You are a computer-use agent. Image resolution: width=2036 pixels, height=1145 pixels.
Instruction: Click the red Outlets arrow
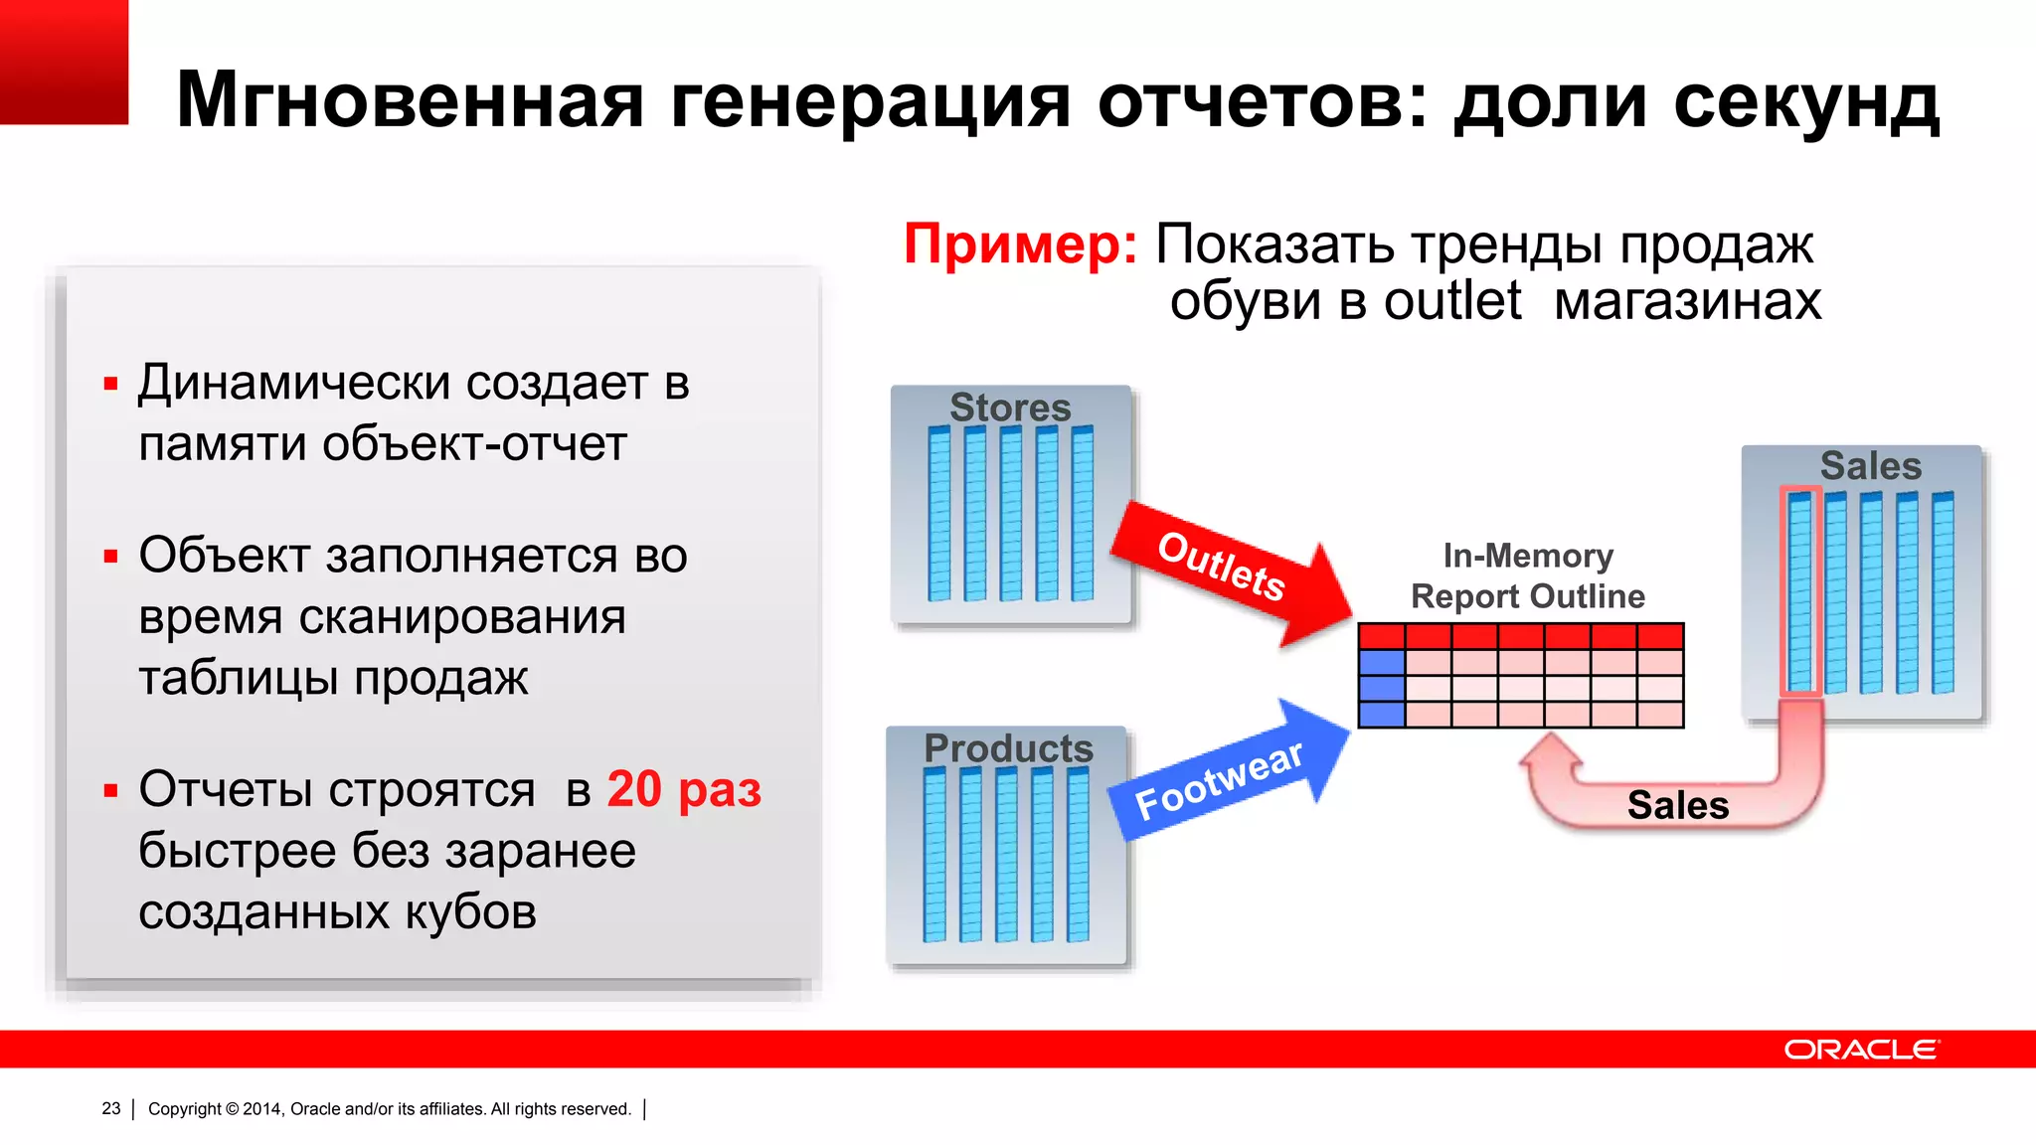tap(1228, 571)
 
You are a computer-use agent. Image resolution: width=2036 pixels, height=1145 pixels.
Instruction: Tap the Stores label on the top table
tap(1010, 408)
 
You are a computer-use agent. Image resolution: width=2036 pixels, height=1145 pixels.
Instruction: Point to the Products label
tap(1008, 748)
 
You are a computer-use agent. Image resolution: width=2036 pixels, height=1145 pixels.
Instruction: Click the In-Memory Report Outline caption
tap(1528, 576)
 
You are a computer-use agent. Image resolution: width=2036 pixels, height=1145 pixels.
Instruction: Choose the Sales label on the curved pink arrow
tap(1678, 805)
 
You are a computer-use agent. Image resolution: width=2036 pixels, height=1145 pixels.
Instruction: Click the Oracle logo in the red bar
tap(1860, 1050)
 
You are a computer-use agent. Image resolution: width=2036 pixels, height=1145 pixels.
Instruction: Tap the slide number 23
tap(111, 1108)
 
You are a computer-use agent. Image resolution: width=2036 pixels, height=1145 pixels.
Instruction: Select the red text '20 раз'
tap(684, 790)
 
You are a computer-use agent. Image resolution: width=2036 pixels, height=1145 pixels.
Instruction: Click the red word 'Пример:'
tap(1020, 245)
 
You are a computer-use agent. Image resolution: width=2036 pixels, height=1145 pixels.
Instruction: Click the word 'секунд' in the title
tap(1805, 101)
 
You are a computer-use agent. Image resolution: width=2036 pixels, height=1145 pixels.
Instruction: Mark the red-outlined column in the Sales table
tap(1799, 590)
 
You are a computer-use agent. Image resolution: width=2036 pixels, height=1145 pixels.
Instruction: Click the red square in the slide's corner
tap(64, 62)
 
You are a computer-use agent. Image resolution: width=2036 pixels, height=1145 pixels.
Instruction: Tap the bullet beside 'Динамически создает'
tap(110, 384)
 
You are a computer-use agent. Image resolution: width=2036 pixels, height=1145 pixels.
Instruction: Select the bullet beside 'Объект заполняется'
tap(110, 557)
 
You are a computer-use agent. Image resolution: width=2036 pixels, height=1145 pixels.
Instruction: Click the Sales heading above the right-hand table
tap(1870, 466)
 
